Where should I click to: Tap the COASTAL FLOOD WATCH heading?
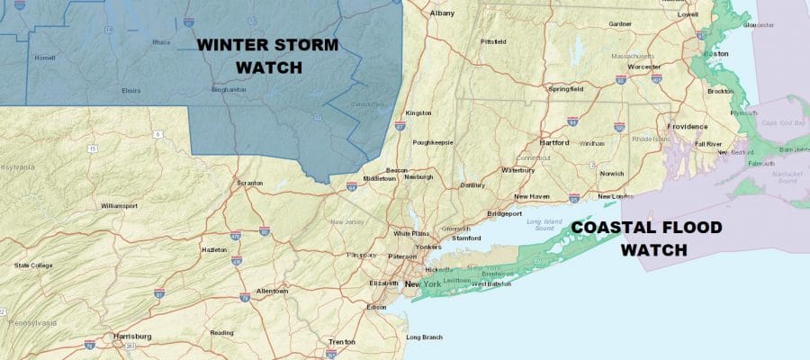click(x=647, y=238)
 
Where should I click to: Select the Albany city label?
click(x=442, y=13)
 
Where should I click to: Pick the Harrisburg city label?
click(x=130, y=337)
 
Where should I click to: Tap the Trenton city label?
click(x=341, y=342)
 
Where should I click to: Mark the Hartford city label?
click(x=554, y=142)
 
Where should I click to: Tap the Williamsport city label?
click(x=120, y=205)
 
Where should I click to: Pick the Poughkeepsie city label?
click(x=433, y=142)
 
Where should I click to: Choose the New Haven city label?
click(x=533, y=196)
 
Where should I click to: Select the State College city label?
click(x=34, y=265)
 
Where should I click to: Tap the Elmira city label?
click(x=130, y=91)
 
